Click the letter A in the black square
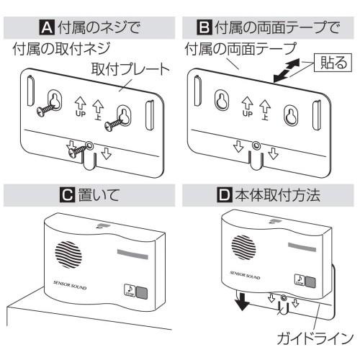[x=47, y=27]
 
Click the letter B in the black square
[x=204, y=27]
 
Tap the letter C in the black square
[x=67, y=195]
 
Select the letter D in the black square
[x=225, y=195]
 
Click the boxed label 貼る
[x=333, y=63]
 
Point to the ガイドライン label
[x=315, y=338]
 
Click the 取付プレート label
[x=130, y=69]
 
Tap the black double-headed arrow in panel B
[x=287, y=71]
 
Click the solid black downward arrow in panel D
[x=242, y=301]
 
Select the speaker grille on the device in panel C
[x=68, y=255]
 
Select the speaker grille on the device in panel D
[x=243, y=248]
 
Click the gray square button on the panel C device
[x=142, y=293]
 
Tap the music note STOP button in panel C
[x=130, y=290]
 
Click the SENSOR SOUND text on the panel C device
[x=70, y=285]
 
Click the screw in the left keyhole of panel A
[x=46, y=109]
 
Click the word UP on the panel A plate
[x=81, y=114]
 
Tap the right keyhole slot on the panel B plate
[x=291, y=115]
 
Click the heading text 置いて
[x=99, y=195]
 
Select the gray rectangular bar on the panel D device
[x=302, y=247]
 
